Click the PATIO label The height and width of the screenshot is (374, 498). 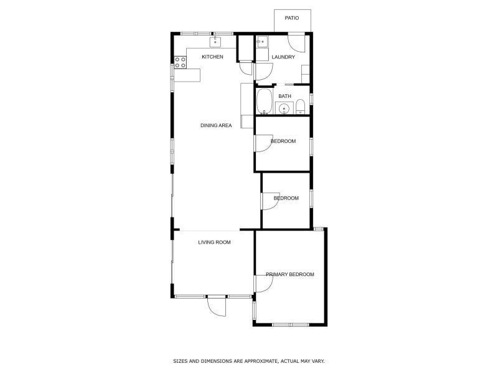tap(292, 18)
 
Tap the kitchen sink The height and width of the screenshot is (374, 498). tap(215, 42)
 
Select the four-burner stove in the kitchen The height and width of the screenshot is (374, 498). tap(180, 62)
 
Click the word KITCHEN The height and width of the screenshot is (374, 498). tap(212, 57)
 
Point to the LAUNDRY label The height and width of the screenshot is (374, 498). tap(283, 57)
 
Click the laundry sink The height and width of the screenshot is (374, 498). tap(262, 43)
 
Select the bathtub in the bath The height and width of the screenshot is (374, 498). tap(265, 102)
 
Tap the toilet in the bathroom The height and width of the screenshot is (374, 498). tap(299, 107)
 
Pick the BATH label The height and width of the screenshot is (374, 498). tap(284, 96)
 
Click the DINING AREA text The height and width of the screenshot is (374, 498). tap(216, 125)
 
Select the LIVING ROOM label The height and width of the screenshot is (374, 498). tap(214, 242)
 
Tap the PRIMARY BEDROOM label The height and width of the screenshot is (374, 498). tap(289, 274)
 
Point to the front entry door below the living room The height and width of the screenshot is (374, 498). tap(216, 305)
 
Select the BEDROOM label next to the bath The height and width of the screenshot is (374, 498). tap(283, 141)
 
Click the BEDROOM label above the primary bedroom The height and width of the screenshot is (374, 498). tap(286, 198)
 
